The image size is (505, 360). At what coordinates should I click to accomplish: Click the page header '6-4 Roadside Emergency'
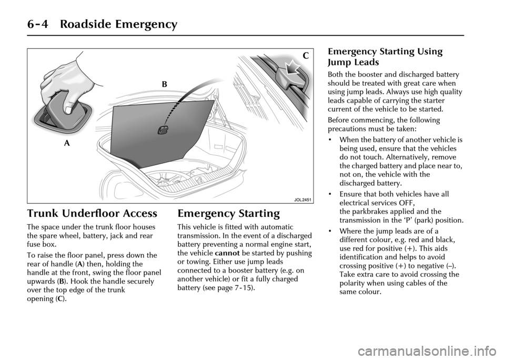click(90, 24)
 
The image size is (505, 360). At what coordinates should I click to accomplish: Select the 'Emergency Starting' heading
click(228, 214)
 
